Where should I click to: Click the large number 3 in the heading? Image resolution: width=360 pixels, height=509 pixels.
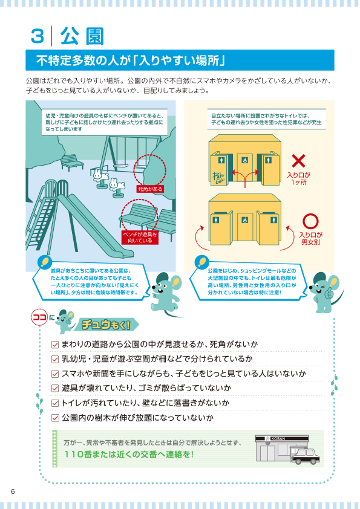(38, 36)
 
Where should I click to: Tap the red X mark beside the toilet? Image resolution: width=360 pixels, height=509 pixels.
(298, 161)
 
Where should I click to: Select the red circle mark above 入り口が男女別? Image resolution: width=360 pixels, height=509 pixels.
(310, 221)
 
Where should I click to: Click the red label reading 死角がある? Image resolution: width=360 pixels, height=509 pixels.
(150, 189)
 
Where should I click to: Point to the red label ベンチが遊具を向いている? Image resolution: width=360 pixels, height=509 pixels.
(140, 238)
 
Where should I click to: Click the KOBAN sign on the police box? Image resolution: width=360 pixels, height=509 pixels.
(278, 438)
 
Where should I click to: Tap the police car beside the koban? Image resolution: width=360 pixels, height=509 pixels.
(305, 455)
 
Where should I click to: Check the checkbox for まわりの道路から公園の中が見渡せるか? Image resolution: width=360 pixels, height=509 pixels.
(55, 344)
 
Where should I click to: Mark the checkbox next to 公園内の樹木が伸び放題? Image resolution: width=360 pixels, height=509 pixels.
(55, 418)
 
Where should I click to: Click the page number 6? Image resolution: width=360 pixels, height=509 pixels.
(13, 491)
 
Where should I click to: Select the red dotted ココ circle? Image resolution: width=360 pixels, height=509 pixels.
(39, 317)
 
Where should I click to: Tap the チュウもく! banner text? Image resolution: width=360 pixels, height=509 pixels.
(106, 325)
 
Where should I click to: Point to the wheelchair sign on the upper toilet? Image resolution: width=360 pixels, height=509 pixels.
(244, 160)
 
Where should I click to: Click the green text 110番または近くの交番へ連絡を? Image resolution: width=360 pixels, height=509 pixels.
(129, 454)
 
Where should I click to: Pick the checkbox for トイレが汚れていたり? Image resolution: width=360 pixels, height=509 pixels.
(55, 403)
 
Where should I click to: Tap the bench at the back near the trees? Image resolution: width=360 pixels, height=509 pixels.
(71, 162)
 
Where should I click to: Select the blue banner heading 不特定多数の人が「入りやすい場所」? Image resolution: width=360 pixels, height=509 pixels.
(180, 60)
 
